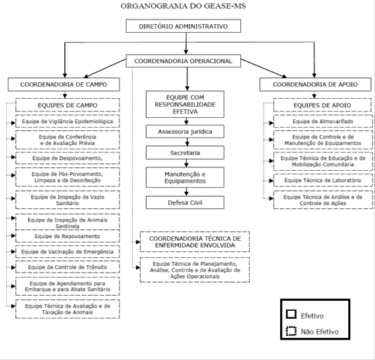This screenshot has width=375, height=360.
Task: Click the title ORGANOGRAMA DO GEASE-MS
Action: [x=183, y=6]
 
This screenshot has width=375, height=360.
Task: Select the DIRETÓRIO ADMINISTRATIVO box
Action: [x=183, y=26]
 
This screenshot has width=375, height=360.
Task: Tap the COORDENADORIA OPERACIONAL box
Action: [x=183, y=61]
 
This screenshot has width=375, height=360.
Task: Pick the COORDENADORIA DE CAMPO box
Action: [x=63, y=85]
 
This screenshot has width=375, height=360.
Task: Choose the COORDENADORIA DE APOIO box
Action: [x=315, y=85]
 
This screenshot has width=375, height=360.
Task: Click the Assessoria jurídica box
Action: [x=185, y=131]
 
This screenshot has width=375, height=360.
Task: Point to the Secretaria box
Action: [x=185, y=153]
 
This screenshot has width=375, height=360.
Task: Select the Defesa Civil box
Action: [x=185, y=203]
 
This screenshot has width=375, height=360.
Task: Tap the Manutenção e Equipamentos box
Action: [x=185, y=178]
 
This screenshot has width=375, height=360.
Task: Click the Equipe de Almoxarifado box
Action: [x=323, y=122]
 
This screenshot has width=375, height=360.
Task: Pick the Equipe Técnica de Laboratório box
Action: [x=323, y=180]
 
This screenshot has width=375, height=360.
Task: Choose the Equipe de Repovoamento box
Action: [x=67, y=236]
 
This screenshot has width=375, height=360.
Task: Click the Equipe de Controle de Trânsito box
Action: [x=67, y=267]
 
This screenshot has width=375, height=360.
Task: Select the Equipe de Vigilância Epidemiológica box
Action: [x=67, y=122]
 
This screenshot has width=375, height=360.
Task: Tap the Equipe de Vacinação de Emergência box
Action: [x=67, y=252]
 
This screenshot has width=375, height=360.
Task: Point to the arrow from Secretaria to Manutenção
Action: [x=187, y=163]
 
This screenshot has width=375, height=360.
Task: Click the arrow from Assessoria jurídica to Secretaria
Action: [x=187, y=142]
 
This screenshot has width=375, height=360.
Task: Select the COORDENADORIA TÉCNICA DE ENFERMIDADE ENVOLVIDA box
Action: [x=194, y=242]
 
